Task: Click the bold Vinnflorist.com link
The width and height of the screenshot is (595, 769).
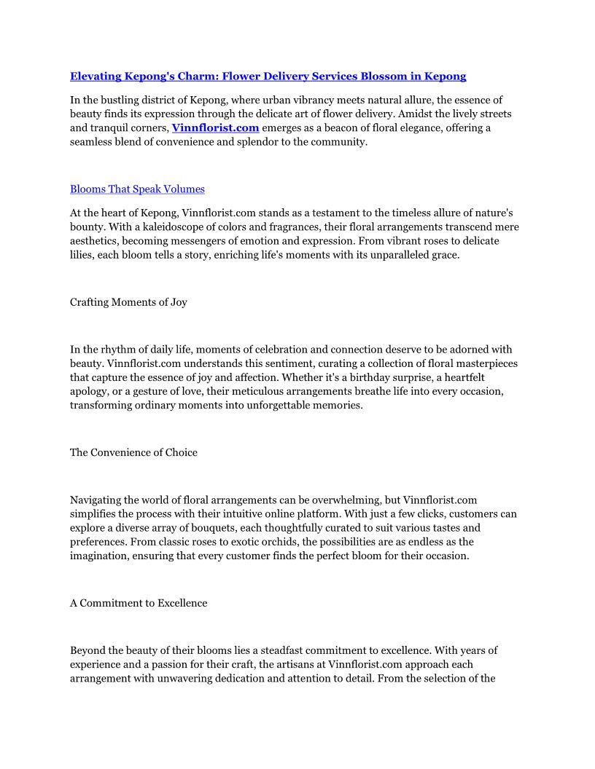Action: [215, 128]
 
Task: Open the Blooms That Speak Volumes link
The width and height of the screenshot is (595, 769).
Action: [137, 189]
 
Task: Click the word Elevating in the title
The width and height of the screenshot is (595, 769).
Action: [97, 76]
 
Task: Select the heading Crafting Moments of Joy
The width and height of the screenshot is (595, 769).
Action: [128, 302]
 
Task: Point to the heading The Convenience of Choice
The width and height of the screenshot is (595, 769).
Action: [133, 453]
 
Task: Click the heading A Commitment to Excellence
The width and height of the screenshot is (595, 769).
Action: [139, 603]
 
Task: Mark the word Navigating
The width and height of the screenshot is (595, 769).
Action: [98, 500]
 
